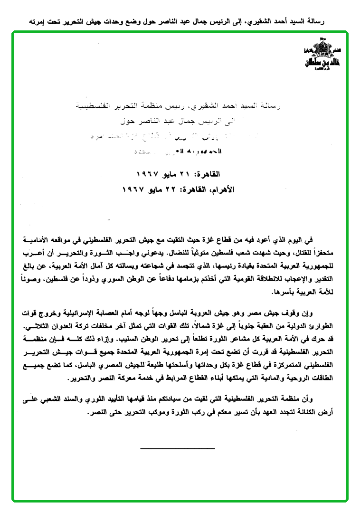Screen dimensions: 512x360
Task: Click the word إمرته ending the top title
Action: (x=39, y=22)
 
